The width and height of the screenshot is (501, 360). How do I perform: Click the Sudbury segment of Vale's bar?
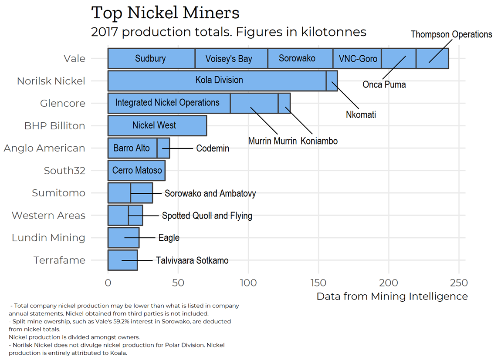point(151,58)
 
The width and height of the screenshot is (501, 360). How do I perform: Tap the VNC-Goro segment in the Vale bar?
point(358,58)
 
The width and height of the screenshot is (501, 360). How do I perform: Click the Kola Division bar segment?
point(219,81)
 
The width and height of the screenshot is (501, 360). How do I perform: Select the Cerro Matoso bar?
point(137,170)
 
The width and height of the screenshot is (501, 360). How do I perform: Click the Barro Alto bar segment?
point(132,148)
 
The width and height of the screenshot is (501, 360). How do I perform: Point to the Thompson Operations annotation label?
point(451,34)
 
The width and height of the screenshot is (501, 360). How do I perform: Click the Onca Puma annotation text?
point(384,84)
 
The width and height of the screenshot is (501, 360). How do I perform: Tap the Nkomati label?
point(361,115)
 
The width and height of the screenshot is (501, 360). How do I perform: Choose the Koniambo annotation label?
point(319,141)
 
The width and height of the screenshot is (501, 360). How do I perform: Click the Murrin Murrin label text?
point(272,141)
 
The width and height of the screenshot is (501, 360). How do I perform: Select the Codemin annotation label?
point(213,148)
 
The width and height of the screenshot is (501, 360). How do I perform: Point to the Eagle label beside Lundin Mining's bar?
point(169,238)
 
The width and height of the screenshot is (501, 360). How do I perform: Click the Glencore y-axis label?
point(63,104)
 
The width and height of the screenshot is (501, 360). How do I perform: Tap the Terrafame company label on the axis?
point(59,260)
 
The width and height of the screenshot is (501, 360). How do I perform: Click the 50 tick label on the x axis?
point(178,283)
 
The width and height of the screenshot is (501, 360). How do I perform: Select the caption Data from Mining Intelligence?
point(392,296)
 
